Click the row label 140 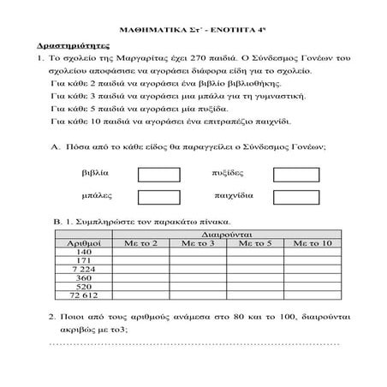(84, 253)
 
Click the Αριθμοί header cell (84, 244)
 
